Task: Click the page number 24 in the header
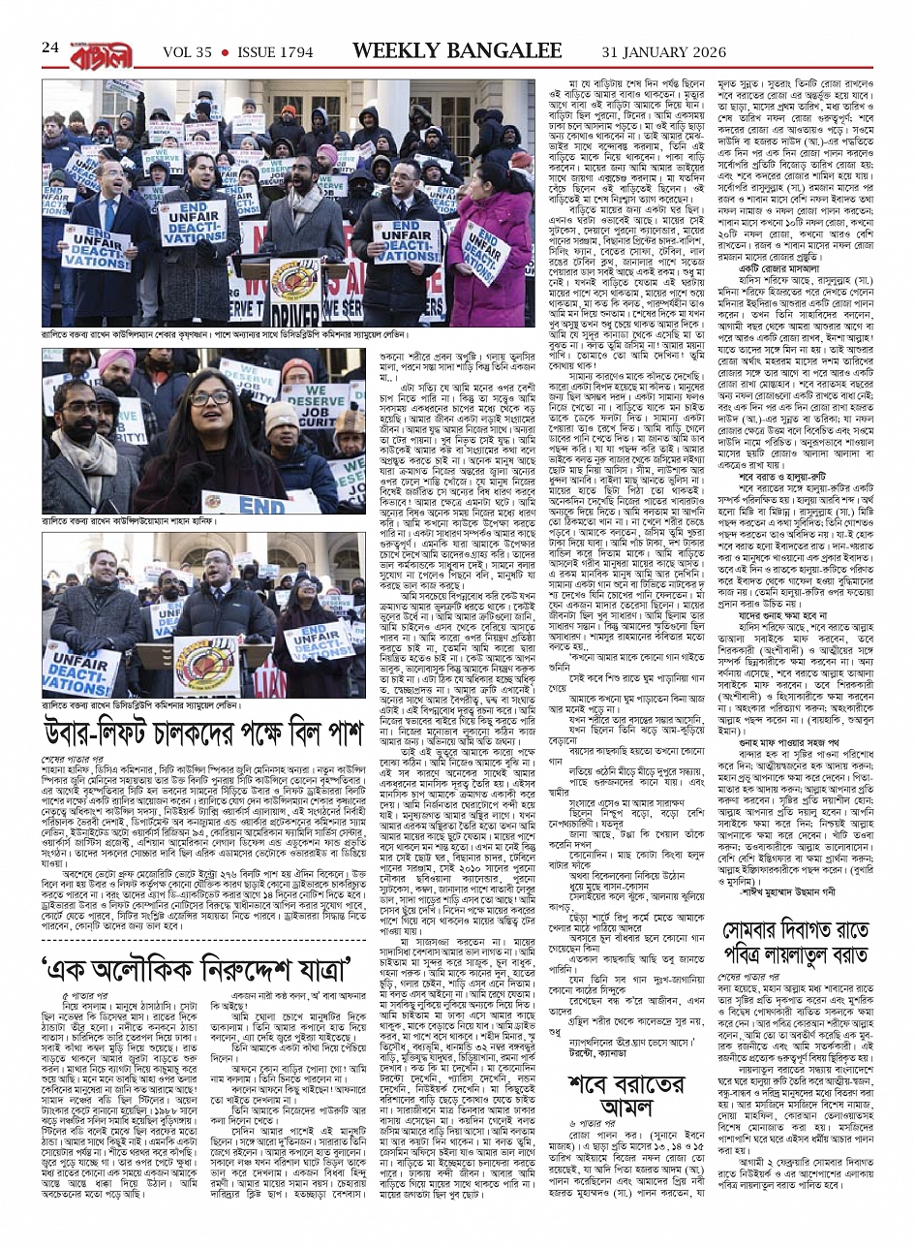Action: [x=51, y=47]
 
